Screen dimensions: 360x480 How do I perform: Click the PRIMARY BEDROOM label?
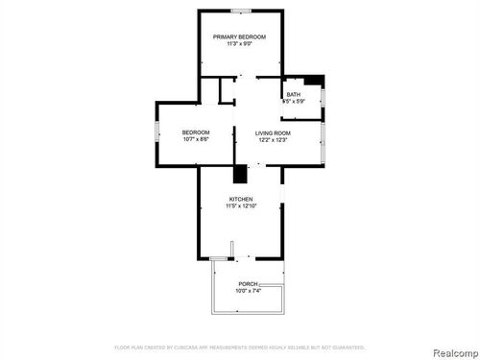tap(239, 36)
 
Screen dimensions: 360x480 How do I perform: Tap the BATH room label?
tap(293, 94)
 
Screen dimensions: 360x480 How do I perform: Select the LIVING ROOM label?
tap(273, 132)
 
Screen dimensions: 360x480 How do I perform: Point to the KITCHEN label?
tap(240, 199)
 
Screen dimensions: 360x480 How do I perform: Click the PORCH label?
tap(248, 284)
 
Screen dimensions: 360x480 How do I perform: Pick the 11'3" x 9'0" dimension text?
tap(239, 44)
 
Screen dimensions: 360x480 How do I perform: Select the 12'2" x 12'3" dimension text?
tap(273, 140)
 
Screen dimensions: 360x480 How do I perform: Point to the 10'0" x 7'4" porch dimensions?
tap(248, 291)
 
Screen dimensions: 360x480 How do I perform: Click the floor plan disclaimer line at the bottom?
tap(239, 346)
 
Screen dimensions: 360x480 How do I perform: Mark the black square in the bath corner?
tap(321, 80)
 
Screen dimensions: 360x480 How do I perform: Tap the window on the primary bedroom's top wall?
tap(241, 12)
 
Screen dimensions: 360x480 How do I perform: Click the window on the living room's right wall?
tap(324, 139)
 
